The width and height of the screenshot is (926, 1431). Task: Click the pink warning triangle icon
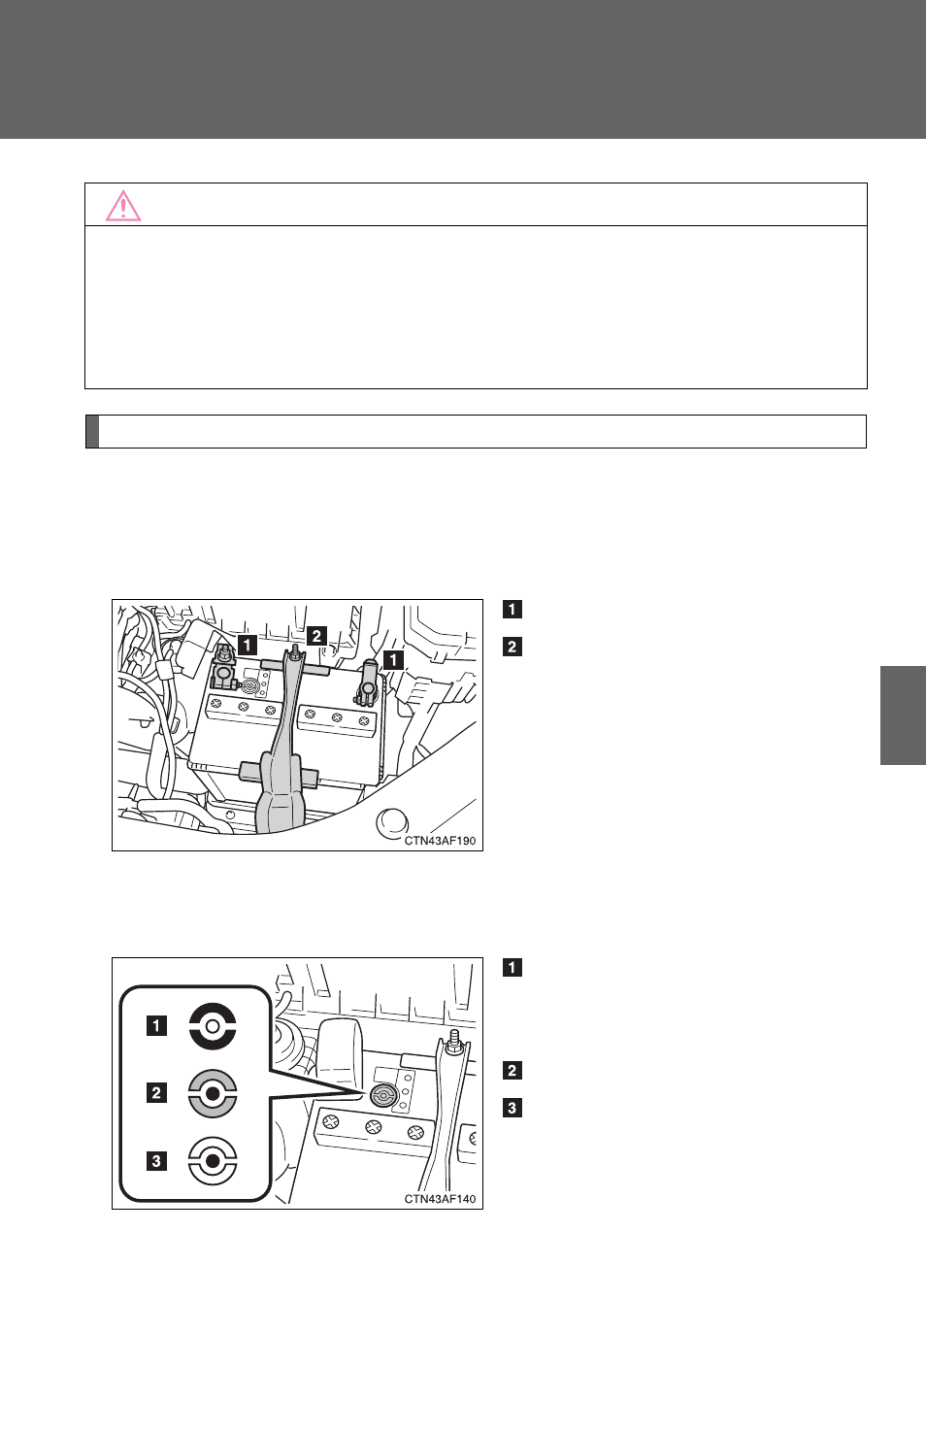123,206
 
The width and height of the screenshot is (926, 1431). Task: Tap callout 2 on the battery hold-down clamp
316,636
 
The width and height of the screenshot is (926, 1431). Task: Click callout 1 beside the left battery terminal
248,645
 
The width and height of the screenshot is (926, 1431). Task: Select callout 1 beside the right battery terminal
393,659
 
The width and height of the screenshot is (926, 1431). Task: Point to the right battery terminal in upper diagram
368,683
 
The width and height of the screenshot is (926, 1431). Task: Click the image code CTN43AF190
440,841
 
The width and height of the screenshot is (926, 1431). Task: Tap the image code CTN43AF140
440,1199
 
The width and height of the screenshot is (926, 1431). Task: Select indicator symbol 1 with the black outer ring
213,1026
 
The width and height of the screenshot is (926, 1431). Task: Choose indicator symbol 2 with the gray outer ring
213,1093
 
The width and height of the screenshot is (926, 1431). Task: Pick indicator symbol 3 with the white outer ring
213,1160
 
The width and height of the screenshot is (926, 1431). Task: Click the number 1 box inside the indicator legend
156,1026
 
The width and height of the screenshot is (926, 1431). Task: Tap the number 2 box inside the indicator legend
156,1093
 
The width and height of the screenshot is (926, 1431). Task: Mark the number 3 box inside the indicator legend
156,1160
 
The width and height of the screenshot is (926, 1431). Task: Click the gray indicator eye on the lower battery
384,1096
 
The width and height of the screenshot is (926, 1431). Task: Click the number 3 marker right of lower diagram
513,1108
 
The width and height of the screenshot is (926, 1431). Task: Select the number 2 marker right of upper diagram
513,647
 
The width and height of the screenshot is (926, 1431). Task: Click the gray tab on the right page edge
903,715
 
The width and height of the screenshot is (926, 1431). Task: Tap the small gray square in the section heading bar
92,431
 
